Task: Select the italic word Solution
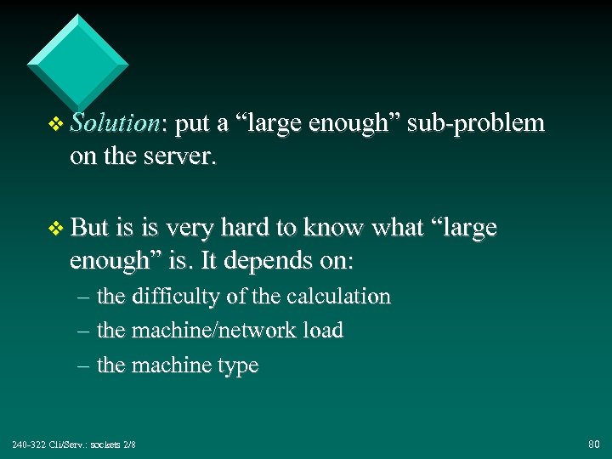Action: coord(114,123)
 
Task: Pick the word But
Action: coord(90,228)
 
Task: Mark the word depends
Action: coord(273,261)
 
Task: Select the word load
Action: coord(324,331)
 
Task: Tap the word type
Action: coord(238,366)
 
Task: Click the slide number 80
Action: coord(593,444)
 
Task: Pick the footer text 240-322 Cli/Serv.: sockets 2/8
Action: coord(73,445)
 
